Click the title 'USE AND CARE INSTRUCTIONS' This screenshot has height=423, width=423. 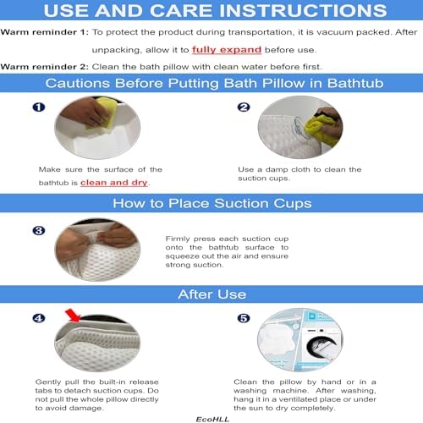click(211, 13)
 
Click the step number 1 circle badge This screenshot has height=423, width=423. click(37, 108)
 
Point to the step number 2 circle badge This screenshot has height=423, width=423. click(243, 108)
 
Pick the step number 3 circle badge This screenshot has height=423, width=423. click(37, 230)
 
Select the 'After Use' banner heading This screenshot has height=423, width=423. click(211, 294)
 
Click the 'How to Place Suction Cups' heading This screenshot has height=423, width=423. click(211, 204)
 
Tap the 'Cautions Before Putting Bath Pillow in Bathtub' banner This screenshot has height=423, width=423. click(211, 84)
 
